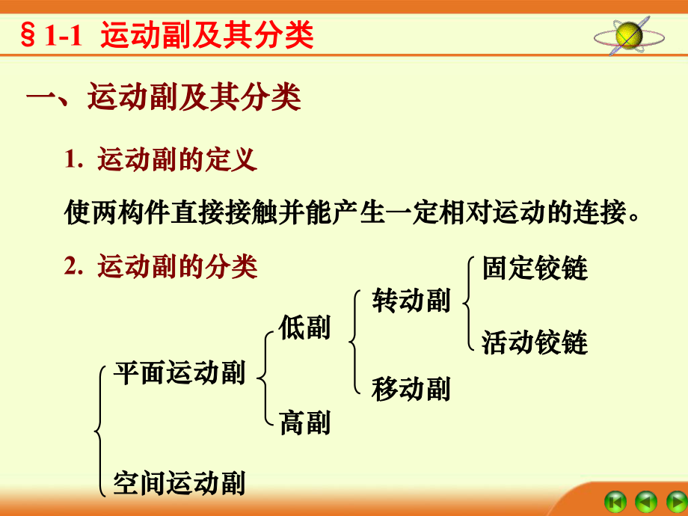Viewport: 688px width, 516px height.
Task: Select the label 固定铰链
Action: point(535,268)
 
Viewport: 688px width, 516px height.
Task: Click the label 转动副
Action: point(411,301)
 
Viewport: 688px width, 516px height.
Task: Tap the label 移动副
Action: point(411,388)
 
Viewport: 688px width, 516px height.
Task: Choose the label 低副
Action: point(304,328)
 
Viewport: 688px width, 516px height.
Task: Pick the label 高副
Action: point(304,423)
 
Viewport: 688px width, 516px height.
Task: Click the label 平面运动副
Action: point(179,373)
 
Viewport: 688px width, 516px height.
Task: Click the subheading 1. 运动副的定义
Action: point(161,159)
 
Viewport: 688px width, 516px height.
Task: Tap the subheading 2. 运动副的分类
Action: point(161,266)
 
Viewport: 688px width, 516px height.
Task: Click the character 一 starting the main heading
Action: point(41,97)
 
